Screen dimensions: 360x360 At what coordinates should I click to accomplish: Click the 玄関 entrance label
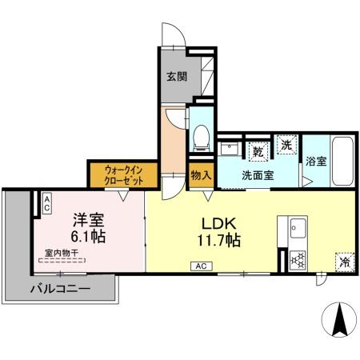tap(177, 78)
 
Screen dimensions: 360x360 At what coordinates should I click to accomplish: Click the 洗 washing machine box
tap(286, 145)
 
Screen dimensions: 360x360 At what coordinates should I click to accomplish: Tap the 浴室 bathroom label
tap(315, 161)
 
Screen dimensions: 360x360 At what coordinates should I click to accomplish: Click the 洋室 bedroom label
tap(89, 218)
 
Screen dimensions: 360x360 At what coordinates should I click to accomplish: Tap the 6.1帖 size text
tap(89, 237)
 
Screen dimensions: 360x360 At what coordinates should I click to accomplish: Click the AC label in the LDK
tap(197, 266)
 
